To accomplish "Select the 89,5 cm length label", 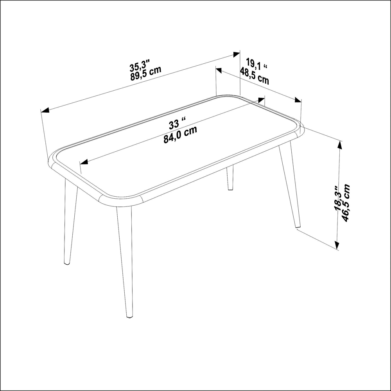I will (146, 74).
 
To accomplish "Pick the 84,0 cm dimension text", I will (180, 135).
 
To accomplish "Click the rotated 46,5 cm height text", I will (346, 203).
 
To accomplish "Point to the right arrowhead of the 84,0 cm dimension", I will (261, 100).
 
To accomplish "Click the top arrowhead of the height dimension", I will (339, 145).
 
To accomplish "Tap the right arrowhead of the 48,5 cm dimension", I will (298, 100).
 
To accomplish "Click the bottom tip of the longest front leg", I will (129, 316).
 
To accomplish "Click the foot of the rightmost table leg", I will (298, 226).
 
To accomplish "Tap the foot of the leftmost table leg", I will (67, 263).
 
